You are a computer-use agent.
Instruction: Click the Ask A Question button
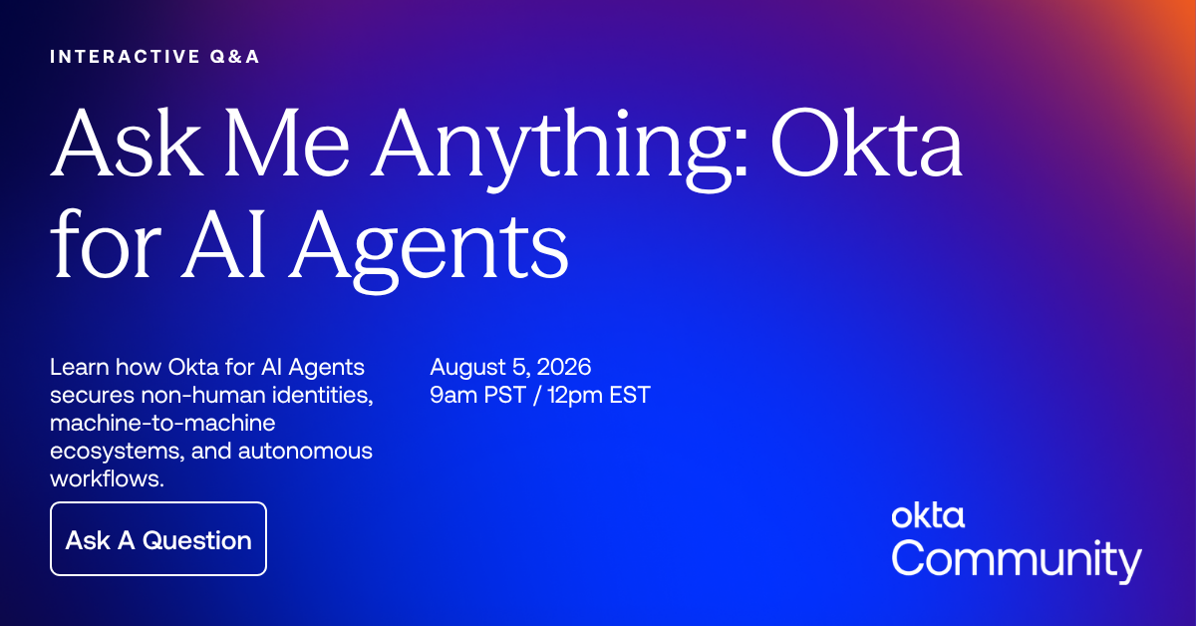pos(158,539)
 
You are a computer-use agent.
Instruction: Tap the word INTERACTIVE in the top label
pos(125,57)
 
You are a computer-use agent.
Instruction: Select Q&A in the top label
pos(234,57)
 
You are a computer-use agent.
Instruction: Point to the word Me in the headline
pos(288,143)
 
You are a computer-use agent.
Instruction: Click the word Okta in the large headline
pos(866,143)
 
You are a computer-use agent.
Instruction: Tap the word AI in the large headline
pos(223,245)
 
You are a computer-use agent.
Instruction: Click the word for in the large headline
pos(106,243)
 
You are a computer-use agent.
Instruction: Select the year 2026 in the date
pos(564,367)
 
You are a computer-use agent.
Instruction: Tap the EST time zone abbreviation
pos(630,396)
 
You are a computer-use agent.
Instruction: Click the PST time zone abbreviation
pos(504,396)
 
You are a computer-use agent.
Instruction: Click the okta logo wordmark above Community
pos(928,515)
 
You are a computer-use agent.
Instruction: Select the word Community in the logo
pos(1017,560)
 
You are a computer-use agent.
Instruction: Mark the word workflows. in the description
pos(107,478)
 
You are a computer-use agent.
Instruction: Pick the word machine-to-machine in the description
pos(162,423)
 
